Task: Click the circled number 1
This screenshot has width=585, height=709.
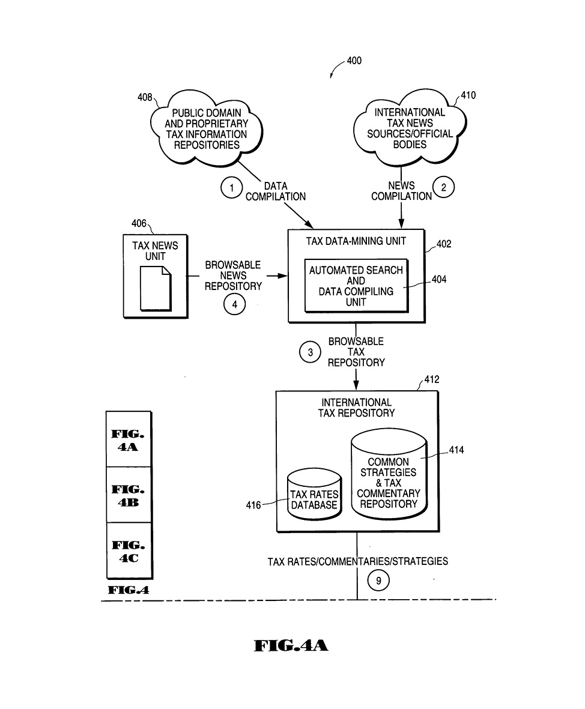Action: click(231, 188)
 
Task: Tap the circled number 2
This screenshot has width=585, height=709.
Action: click(444, 187)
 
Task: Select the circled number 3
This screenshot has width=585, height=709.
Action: click(310, 352)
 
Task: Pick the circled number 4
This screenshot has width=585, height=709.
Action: click(234, 304)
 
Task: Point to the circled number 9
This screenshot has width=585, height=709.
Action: click(378, 581)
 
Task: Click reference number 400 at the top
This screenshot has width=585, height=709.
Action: click(354, 61)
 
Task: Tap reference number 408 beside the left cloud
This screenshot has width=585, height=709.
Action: click(145, 97)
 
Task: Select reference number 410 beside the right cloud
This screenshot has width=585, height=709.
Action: click(468, 95)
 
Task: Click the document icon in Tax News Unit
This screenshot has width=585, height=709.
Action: click(156, 288)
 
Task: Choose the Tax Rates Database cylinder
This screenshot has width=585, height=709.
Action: click(314, 496)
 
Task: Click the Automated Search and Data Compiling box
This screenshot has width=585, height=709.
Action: click(356, 286)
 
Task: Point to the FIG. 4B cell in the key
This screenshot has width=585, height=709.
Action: click(129, 495)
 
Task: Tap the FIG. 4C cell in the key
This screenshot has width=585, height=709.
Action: click(129, 551)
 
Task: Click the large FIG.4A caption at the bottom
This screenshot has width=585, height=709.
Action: click(291, 646)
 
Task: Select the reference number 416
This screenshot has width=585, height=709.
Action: click(253, 505)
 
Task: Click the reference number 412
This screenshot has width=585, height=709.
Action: click(431, 379)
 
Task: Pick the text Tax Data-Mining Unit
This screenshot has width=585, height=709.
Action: click(356, 241)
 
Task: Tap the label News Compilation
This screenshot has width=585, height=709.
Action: click(401, 191)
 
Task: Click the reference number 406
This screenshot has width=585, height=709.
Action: click(139, 223)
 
